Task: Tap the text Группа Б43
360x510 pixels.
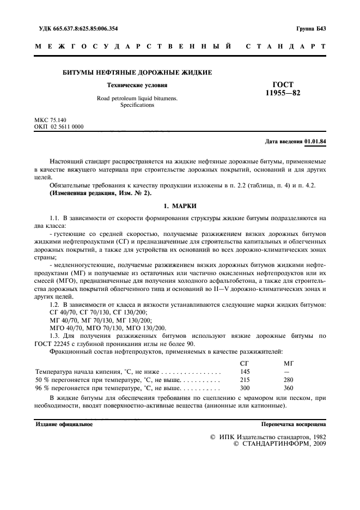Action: point(310,28)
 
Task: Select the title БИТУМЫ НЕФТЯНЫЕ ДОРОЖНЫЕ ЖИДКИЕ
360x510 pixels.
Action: point(138,72)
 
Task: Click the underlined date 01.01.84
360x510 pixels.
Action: point(315,142)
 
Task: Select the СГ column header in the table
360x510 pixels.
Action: point(245,362)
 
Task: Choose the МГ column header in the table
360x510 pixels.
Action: point(289,362)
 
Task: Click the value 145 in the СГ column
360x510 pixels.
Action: point(245,371)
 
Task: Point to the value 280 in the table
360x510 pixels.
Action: point(289,379)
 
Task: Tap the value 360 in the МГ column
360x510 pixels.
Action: point(289,388)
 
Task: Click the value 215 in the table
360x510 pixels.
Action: point(245,379)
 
